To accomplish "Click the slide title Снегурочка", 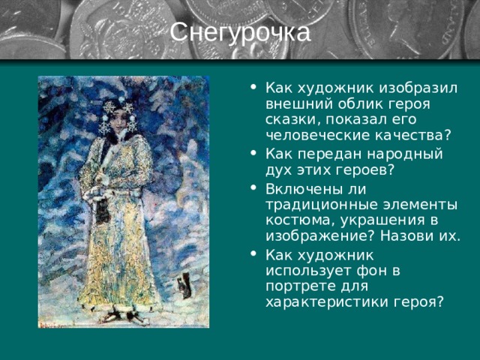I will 239,32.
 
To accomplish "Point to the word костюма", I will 292,220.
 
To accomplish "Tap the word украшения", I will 372,220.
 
